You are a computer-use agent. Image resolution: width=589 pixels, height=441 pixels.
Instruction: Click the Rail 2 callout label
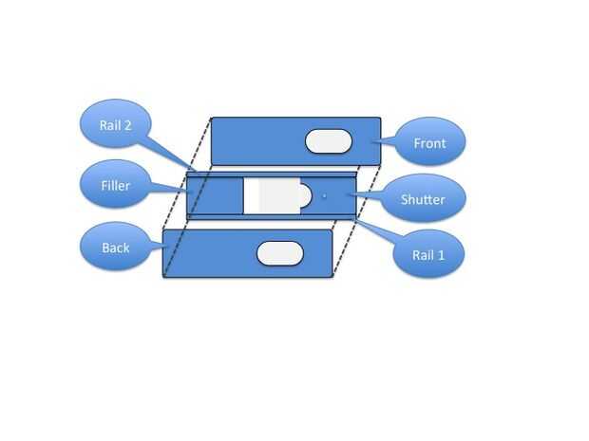pos(115,125)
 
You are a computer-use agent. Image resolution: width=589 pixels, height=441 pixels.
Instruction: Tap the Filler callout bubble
pos(116,184)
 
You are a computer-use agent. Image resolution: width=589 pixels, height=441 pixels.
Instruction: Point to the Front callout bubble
pos(429,141)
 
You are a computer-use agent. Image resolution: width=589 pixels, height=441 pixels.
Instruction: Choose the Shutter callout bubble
pos(423,198)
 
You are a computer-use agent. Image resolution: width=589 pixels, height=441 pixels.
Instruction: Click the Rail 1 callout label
pos(428,255)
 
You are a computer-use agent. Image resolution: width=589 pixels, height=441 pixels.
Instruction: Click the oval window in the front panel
pos(329,141)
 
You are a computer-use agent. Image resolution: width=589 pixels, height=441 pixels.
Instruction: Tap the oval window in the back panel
pos(280,253)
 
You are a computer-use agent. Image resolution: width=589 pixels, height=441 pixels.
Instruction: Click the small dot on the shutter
pos(325,195)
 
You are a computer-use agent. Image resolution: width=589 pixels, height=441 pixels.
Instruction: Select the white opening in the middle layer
pos(272,195)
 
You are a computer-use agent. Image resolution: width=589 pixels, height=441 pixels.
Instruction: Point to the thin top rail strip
pos(271,175)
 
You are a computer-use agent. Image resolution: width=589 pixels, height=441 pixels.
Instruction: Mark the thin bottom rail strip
pos(271,217)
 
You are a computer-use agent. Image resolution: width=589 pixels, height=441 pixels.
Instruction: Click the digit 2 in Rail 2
pos(127,125)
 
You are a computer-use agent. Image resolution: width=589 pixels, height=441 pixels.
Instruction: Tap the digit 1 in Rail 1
pos(441,255)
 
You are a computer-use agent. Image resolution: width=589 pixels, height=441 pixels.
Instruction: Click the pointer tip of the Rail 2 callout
pos(196,171)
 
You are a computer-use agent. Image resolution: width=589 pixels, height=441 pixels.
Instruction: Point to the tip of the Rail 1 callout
pos(355,220)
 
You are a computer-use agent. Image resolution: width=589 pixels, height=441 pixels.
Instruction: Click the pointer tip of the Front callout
pos(371,142)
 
